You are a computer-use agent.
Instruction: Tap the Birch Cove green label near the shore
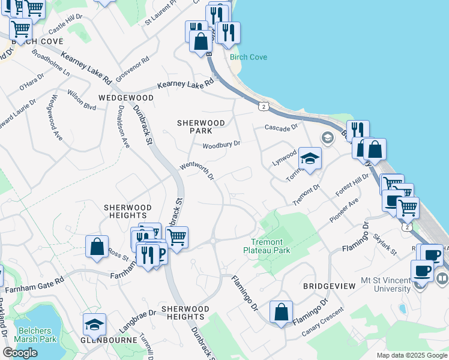(248, 58)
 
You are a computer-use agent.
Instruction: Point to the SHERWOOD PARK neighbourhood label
(201, 127)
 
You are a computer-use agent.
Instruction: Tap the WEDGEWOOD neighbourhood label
(126, 97)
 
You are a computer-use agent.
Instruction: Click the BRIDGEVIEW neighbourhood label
(329, 287)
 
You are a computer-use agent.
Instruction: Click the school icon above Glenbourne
(94, 324)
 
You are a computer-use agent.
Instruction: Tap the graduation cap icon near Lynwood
(310, 158)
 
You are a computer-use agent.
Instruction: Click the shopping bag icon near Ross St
(97, 247)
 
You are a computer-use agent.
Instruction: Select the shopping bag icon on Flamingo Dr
(281, 311)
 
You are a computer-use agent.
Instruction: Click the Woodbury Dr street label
(221, 145)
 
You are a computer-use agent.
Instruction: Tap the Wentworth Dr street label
(197, 172)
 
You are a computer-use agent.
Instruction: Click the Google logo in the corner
(20, 353)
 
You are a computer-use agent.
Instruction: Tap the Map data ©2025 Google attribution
(412, 355)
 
